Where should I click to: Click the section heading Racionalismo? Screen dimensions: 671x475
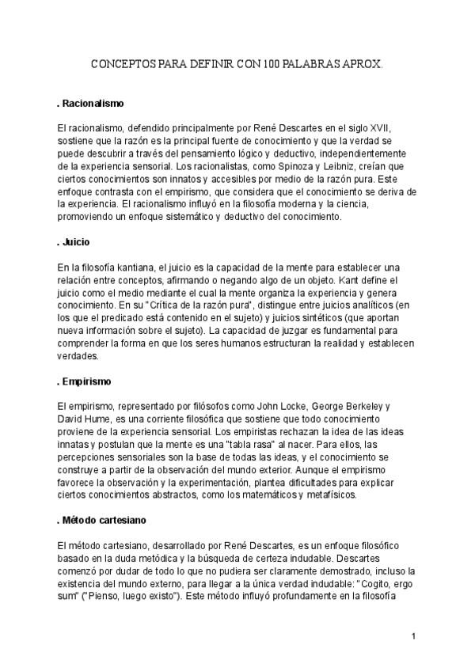[x=93, y=103]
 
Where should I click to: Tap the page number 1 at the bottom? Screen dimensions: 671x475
[x=413, y=636]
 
